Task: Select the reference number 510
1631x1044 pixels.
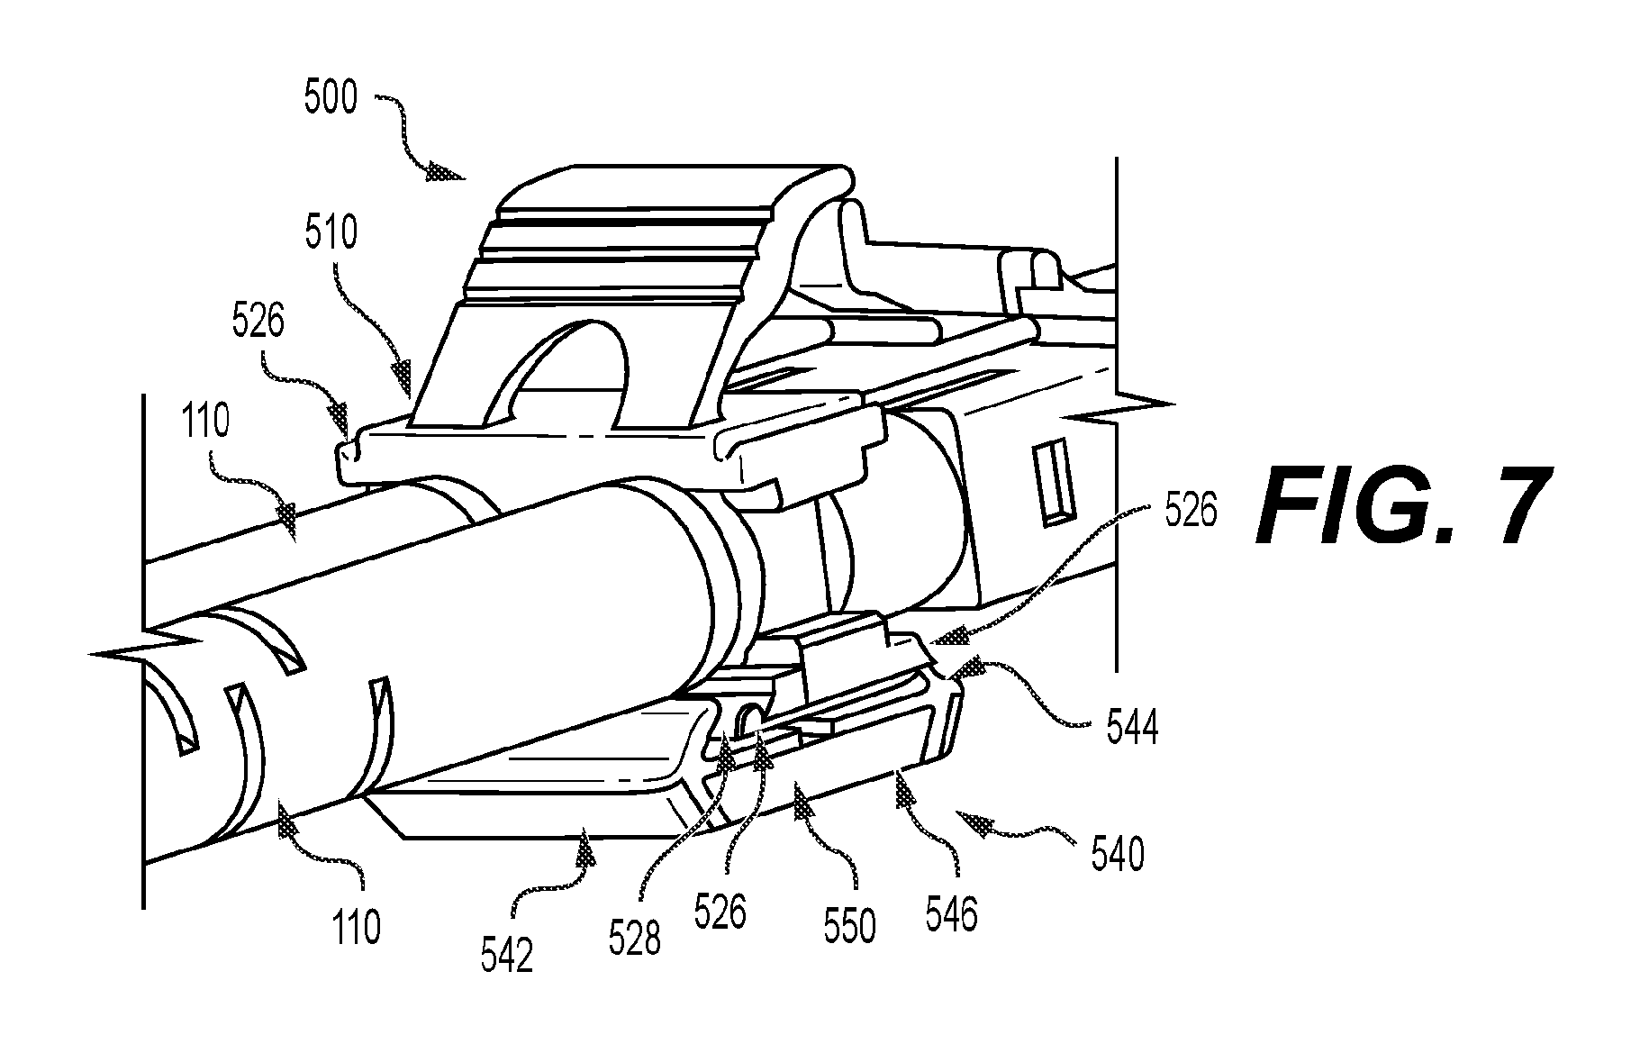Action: (331, 231)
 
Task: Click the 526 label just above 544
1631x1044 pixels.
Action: (1190, 512)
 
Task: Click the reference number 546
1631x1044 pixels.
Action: (950, 914)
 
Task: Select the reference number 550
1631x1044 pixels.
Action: (849, 927)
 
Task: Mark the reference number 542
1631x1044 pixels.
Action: (506, 957)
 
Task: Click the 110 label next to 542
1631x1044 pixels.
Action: (357, 926)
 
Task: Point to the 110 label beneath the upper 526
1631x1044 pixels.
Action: (206, 421)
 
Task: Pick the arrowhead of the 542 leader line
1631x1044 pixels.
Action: (586, 846)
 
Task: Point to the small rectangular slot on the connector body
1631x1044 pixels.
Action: (1055, 482)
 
